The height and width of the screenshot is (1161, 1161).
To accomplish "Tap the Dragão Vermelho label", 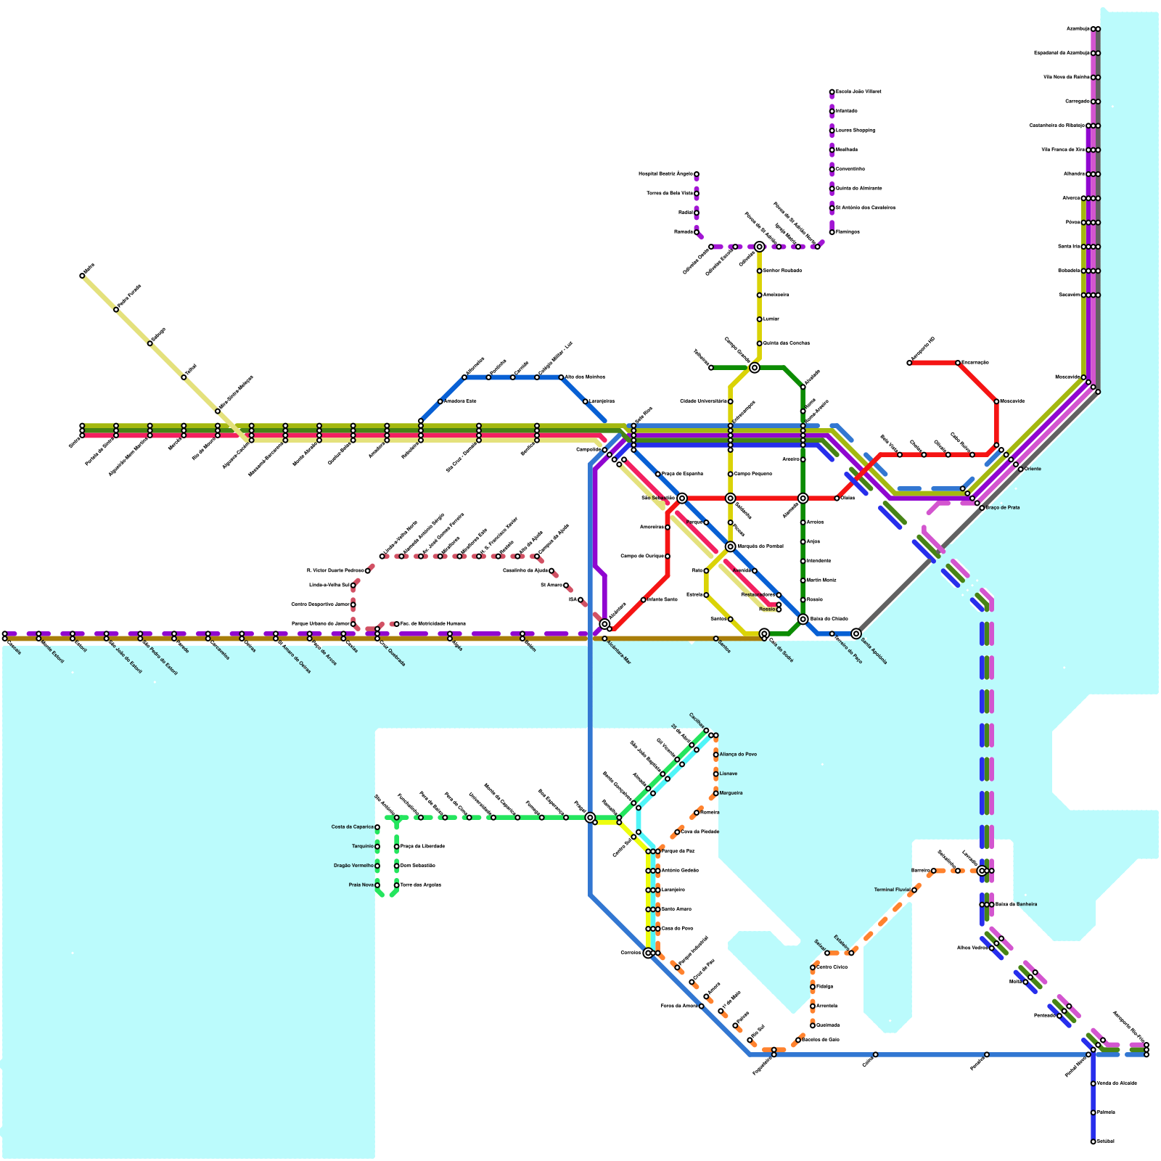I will tap(353, 866).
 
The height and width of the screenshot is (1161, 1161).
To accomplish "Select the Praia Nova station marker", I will tap(377, 885).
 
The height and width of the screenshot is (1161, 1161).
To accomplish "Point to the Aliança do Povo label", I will tap(738, 755).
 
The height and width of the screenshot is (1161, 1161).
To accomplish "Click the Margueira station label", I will tap(731, 793).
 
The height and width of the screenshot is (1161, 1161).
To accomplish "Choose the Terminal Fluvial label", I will tap(893, 890).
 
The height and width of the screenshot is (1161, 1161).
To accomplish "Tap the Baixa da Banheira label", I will tap(1016, 904).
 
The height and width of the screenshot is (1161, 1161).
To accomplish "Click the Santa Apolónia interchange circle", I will tap(856, 633).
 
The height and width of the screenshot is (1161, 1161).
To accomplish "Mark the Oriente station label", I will tap(1033, 469).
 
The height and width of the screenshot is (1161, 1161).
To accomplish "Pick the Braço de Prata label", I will tap(1004, 508).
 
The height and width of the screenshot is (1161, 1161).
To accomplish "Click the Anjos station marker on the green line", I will tap(803, 542).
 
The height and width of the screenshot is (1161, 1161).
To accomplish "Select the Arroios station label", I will tap(816, 522).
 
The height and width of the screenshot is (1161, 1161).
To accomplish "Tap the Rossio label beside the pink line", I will tap(767, 610).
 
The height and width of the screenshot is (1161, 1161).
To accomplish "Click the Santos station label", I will tap(723, 648).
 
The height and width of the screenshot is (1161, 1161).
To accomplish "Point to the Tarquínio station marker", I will tap(377, 847).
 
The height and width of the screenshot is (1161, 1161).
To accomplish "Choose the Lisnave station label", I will tap(729, 774).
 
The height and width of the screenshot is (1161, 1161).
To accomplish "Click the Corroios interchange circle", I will tap(648, 953).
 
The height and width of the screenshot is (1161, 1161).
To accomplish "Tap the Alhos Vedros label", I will tap(972, 948).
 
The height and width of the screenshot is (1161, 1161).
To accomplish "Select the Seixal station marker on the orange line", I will tap(827, 953).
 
